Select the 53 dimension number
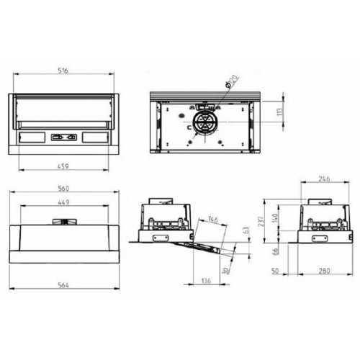pyautogui.click(x=245, y=230)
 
